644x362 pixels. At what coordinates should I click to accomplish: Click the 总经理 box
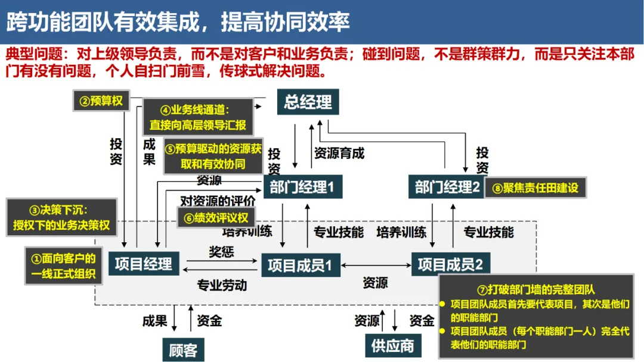(x=308, y=102)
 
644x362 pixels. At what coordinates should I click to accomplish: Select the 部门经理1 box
(x=302, y=188)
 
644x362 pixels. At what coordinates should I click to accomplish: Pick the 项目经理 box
(x=141, y=264)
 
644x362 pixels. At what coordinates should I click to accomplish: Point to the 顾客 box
(x=183, y=349)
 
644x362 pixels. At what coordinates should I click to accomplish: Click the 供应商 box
(x=392, y=346)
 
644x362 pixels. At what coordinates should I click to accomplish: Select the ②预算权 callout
(x=101, y=101)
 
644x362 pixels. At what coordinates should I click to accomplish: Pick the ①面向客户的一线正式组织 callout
(x=64, y=267)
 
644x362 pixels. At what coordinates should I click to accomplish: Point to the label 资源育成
(x=339, y=153)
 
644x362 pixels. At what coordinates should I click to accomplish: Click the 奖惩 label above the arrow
(x=221, y=252)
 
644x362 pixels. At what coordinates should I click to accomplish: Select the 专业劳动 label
(x=222, y=285)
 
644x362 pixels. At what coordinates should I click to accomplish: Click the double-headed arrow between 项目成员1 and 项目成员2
(x=376, y=265)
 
